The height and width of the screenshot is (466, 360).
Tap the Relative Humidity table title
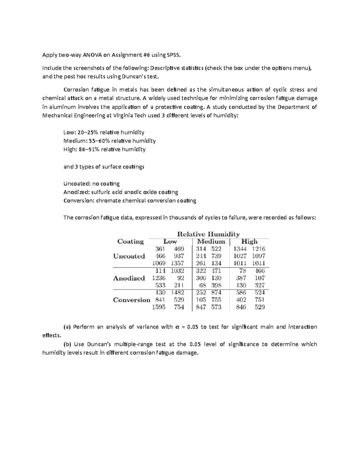coord(208,234)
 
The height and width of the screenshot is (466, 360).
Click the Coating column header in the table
coord(130,242)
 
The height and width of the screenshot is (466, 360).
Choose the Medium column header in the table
coord(211,242)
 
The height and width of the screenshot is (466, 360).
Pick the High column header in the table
coord(249,242)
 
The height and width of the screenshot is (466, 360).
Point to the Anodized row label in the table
coord(129,278)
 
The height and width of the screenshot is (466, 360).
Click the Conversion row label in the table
coord(131,300)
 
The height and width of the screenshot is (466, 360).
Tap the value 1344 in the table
coord(240,249)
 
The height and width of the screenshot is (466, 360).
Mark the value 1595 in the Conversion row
coord(159,307)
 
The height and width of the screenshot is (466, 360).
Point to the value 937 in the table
coord(179,256)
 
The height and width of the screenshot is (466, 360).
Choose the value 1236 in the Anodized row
coord(159,278)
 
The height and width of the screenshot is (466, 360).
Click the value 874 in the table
coord(216,293)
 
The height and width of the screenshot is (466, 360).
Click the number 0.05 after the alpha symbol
coord(192,327)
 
